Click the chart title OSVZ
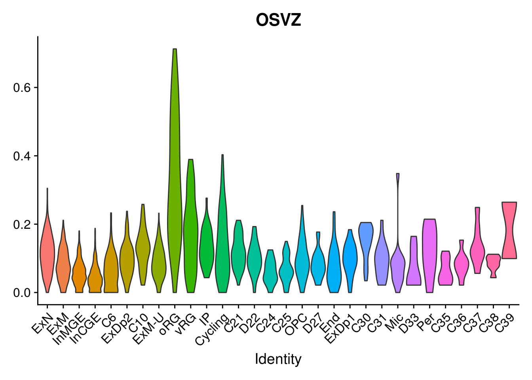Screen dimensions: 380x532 click(278, 20)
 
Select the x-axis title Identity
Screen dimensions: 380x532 click(278, 359)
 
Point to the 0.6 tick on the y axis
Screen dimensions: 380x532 click(22, 87)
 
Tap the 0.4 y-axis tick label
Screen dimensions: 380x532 click(22, 156)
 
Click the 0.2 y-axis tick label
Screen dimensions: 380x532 click(22, 224)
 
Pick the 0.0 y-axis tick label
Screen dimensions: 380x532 click(22, 293)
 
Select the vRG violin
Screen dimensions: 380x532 click(190, 230)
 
